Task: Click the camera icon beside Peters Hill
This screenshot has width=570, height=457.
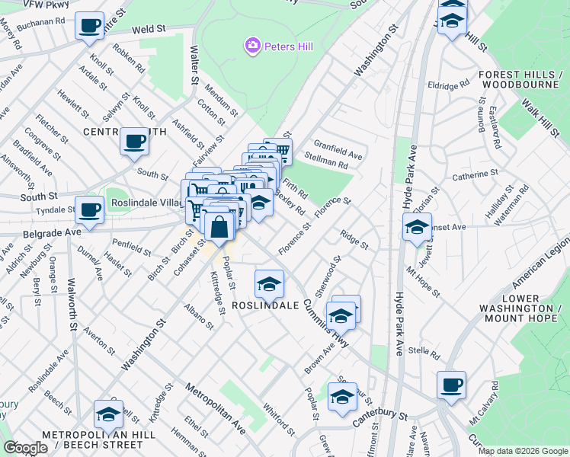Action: click(x=252, y=46)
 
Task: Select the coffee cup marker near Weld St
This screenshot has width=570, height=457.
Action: click(x=89, y=26)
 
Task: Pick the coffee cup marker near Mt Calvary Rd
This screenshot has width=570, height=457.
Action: click(x=451, y=384)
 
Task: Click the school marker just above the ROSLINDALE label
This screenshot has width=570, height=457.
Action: click(x=269, y=283)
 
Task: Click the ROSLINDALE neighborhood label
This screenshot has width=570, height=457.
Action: click(x=265, y=305)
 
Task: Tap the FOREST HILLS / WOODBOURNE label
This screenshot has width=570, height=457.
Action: click(x=521, y=80)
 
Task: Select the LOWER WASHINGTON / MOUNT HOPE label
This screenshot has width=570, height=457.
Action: click(x=522, y=308)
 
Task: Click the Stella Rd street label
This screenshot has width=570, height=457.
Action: click(x=425, y=353)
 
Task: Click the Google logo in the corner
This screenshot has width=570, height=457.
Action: click(x=25, y=447)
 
